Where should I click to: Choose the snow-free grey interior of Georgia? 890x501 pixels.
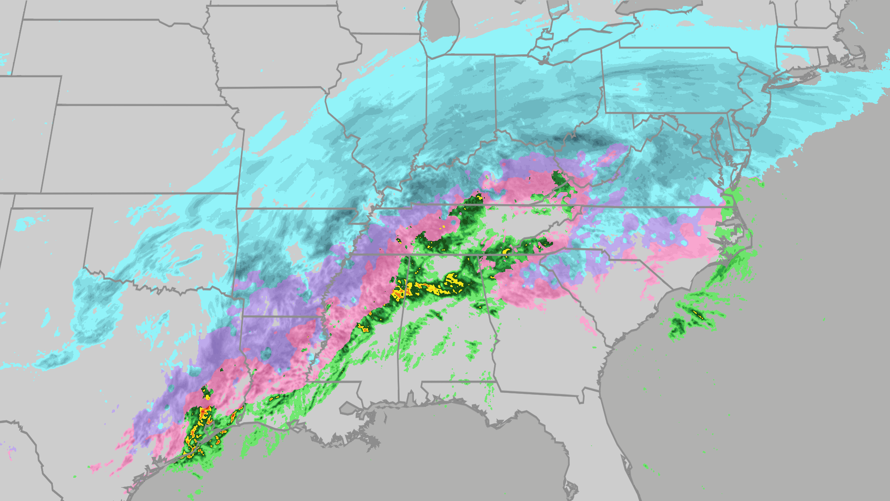point(542,343)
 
